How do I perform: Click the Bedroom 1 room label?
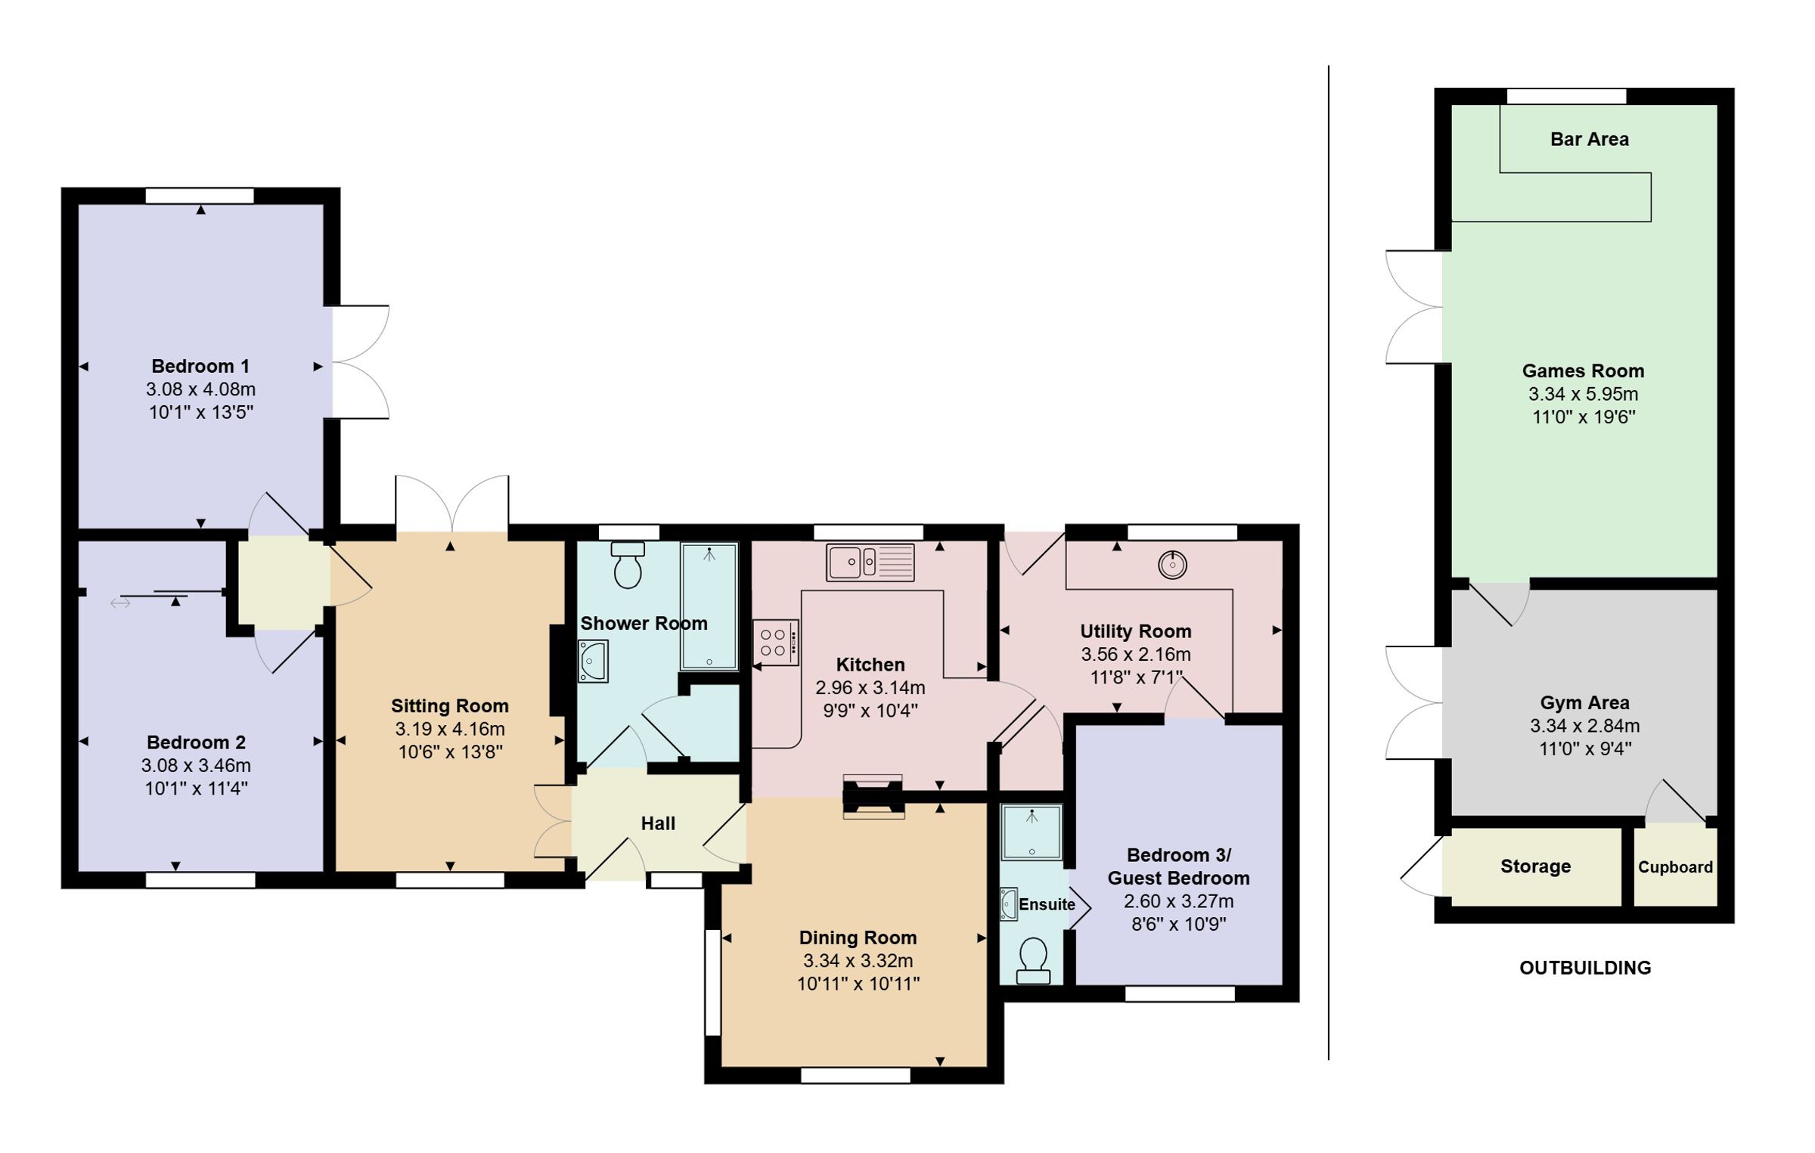coord(200,367)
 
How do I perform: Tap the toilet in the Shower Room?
coord(628,565)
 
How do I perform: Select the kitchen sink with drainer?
coord(870,563)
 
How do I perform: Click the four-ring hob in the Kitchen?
coord(776,643)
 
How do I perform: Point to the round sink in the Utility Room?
coord(1172,564)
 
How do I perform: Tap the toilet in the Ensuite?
coord(1033,961)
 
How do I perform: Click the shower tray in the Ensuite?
coord(1032,832)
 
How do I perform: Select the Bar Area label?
coord(1589,139)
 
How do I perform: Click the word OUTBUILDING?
coord(1585,968)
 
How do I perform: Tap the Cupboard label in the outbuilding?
coord(1675,867)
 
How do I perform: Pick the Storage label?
coord(1535,866)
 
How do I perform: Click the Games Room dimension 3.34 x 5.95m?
coord(1584,394)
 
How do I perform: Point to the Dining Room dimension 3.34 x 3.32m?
coord(858,961)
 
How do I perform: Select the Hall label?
coord(658,823)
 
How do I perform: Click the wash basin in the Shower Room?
coord(593,662)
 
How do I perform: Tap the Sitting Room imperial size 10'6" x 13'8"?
coord(450,752)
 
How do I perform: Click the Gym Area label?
coord(1584,703)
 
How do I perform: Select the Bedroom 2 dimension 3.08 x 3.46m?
coord(196,765)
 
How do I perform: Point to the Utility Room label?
coord(1135,631)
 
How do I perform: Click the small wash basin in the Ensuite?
coord(1008,904)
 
